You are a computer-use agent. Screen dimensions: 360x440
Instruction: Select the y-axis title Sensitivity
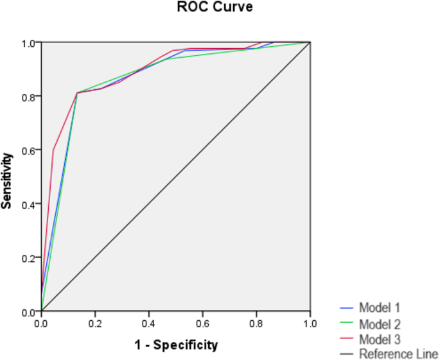pos(7,180)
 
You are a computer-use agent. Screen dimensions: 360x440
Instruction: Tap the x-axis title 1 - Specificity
pos(176,345)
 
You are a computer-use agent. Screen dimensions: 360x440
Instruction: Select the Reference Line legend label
pos(399,354)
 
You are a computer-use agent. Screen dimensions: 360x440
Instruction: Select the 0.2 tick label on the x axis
pos(95,323)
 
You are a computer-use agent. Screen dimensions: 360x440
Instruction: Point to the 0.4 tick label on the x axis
pos(149,323)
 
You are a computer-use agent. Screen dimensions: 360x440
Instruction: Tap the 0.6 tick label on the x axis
pos(203,323)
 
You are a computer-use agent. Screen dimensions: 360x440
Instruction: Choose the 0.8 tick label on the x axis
pos(257,323)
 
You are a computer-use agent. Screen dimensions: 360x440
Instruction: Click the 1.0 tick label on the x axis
pos(310,323)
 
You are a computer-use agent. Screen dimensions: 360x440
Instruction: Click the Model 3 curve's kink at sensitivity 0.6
pos(53,150)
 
